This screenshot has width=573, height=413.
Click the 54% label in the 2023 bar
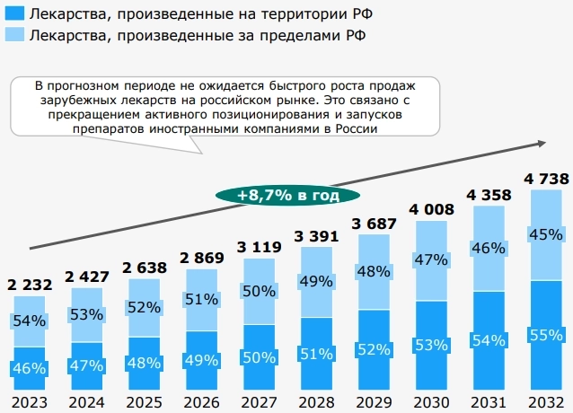pos(30,321)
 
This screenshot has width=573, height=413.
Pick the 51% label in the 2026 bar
pos(201,299)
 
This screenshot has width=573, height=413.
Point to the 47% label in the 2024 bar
pos(86,365)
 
